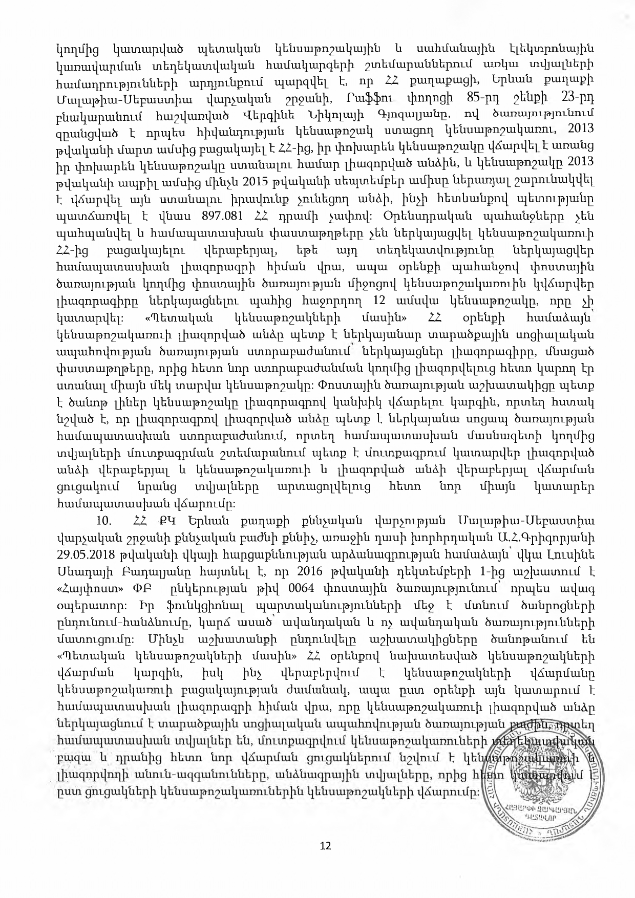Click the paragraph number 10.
coord(104,521)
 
